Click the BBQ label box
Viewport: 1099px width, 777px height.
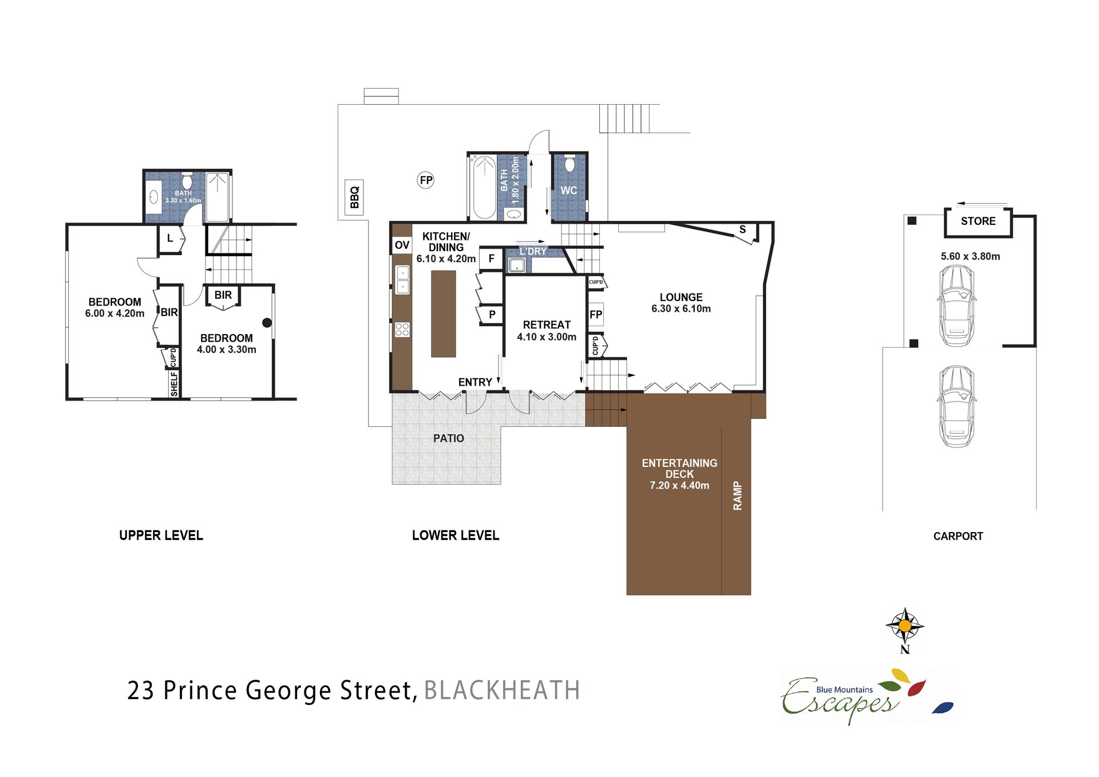[x=354, y=197]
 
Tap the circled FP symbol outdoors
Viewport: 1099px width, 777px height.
[x=425, y=180]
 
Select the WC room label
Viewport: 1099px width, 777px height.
[x=568, y=191]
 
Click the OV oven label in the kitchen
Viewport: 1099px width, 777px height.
[x=402, y=245]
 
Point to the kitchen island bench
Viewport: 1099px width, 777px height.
[x=443, y=314]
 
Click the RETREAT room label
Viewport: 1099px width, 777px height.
[x=547, y=324]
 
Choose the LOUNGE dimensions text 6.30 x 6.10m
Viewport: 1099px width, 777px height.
[x=681, y=309]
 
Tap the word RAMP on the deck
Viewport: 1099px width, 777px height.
[x=737, y=495]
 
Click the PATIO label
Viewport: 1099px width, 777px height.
[x=448, y=438]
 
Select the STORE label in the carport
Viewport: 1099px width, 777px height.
[x=978, y=221]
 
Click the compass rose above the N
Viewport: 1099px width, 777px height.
[x=904, y=626]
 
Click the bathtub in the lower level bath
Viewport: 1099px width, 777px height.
[x=484, y=188]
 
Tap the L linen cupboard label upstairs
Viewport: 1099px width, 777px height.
[x=170, y=239]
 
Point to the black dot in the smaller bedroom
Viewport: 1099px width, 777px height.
[x=267, y=323]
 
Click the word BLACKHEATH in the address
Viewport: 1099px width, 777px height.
[x=502, y=690]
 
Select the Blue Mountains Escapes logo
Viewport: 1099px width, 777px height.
[x=867, y=696]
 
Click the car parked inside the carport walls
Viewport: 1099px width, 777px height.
[x=956, y=306]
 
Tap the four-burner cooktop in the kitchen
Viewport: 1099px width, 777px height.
[x=402, y=330]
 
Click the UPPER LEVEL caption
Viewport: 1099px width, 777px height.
[x=161, y=536]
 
